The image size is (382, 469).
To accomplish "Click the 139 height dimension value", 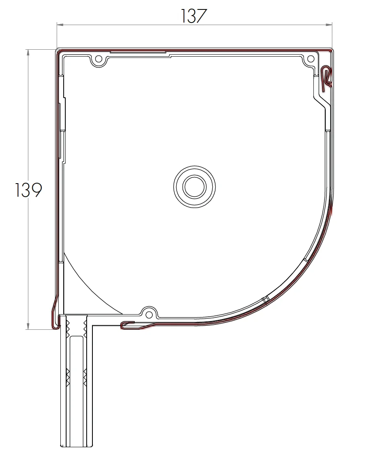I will point(28,190).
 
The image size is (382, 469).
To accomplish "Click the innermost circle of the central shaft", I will point(194,187).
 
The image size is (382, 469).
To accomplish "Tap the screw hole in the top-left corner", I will point(99,59).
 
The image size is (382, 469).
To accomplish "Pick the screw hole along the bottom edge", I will point(149,315).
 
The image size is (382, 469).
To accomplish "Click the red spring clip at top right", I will point(326,77).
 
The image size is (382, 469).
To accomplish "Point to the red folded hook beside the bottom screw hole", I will point(129,325).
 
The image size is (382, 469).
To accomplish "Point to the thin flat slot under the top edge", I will point(138,53).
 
